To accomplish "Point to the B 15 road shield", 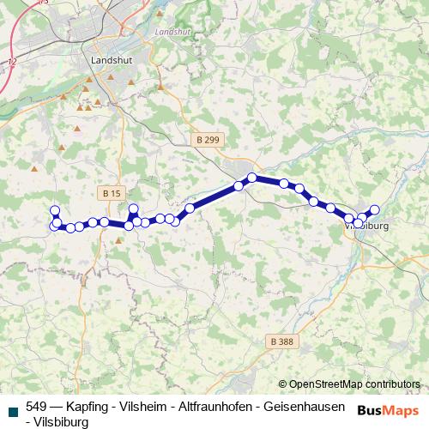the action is pyautogui.click(x=110, y=193).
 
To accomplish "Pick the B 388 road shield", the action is pyautogui.click(x=280, y=341).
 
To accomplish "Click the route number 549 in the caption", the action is pyautogui.click(x=37, y=407).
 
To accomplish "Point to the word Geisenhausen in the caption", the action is pyautogui.click(x=305, y=407).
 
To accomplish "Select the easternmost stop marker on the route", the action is pyautogui.click(x=374, y=209).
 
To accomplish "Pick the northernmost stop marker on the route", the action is pyautogui.click(x=252, y=178).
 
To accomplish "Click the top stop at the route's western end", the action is pyautogui.click(x=55, y=210).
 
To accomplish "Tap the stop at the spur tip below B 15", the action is pyautogui.click(x=133, y=208).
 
